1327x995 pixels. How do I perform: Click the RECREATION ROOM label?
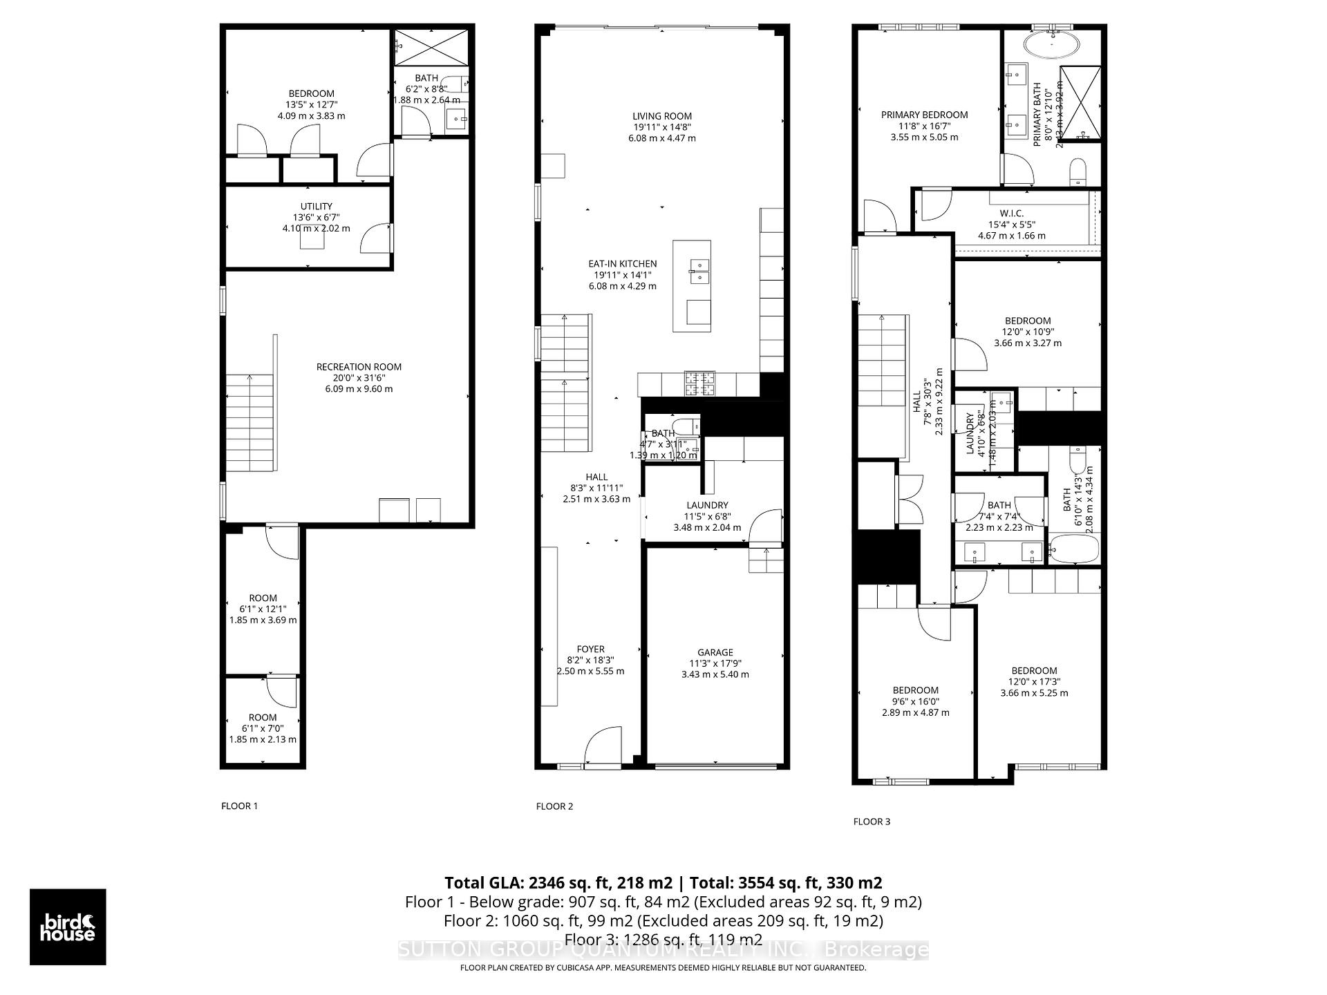pos(359,367)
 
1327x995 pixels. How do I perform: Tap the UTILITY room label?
pos(316,206)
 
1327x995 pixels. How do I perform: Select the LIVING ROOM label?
pos(661,116)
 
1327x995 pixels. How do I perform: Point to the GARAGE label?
pos(715,652)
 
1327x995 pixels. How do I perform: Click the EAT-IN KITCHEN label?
pos(622,264)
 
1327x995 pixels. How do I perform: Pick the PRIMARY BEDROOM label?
pos(924,115)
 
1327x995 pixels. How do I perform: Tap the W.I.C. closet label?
pos(1011,214)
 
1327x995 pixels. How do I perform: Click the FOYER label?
pos(590,649)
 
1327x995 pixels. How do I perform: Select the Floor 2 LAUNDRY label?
pos(707,505)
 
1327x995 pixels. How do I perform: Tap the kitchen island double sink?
pos(698,272)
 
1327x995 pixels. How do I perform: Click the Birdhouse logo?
pos(68,927)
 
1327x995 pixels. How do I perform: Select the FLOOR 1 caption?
pos(239,806)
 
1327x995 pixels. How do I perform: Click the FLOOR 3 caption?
pos(872,822)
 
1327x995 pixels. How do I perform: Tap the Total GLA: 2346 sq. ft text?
pos(558,882)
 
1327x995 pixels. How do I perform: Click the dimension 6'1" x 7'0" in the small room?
pos(263,728)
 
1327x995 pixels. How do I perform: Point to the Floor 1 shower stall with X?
pos(431,47)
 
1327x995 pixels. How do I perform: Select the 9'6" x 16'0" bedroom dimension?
pos(915,701)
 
